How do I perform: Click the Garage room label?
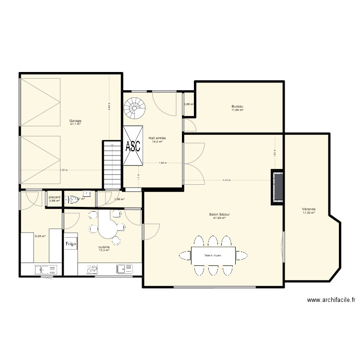(75, 120)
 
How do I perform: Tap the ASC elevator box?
(133, 146)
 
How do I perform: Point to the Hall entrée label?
(157, 138)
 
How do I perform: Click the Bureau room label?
(237, 107)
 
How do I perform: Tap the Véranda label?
(309, 209)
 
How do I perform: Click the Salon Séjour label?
(219, 215)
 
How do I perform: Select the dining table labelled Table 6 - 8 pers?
(213, 255)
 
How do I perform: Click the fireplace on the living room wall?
(277, 187)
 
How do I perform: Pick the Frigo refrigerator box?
(71, 244)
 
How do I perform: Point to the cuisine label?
(104, 247)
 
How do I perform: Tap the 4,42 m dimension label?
(226, 180)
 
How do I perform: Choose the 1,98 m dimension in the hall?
(162, 163)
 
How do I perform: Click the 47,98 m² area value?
(219, 218)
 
